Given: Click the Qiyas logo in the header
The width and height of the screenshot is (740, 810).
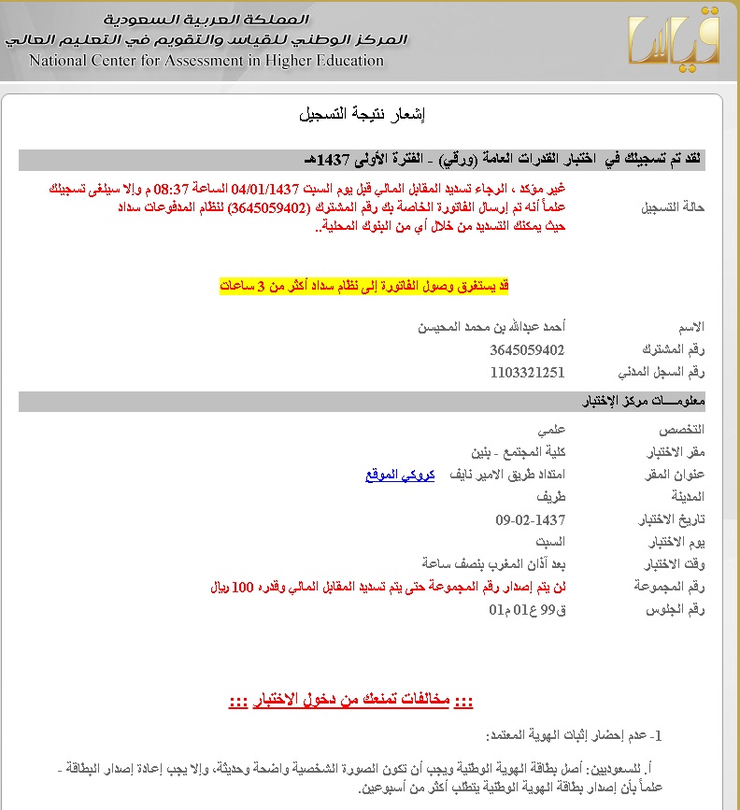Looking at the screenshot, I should point(676,38).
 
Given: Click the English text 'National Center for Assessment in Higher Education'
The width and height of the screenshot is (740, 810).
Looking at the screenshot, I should point(206,61).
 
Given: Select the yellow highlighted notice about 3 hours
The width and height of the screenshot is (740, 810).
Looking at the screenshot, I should point(364,285).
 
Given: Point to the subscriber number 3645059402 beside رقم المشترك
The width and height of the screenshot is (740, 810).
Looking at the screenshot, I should point(527,350).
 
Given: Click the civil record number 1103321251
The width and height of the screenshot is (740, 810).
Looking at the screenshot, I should point(527,373).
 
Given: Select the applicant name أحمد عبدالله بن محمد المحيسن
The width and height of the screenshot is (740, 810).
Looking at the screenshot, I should point(491,327).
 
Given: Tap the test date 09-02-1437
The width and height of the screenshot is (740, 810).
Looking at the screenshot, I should point(531,519).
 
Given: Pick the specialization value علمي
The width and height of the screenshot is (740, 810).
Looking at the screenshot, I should point(550,430).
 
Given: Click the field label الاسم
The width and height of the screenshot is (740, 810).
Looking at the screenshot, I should point(690,327).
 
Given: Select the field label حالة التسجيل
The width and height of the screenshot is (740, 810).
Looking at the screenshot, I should point(673,206).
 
